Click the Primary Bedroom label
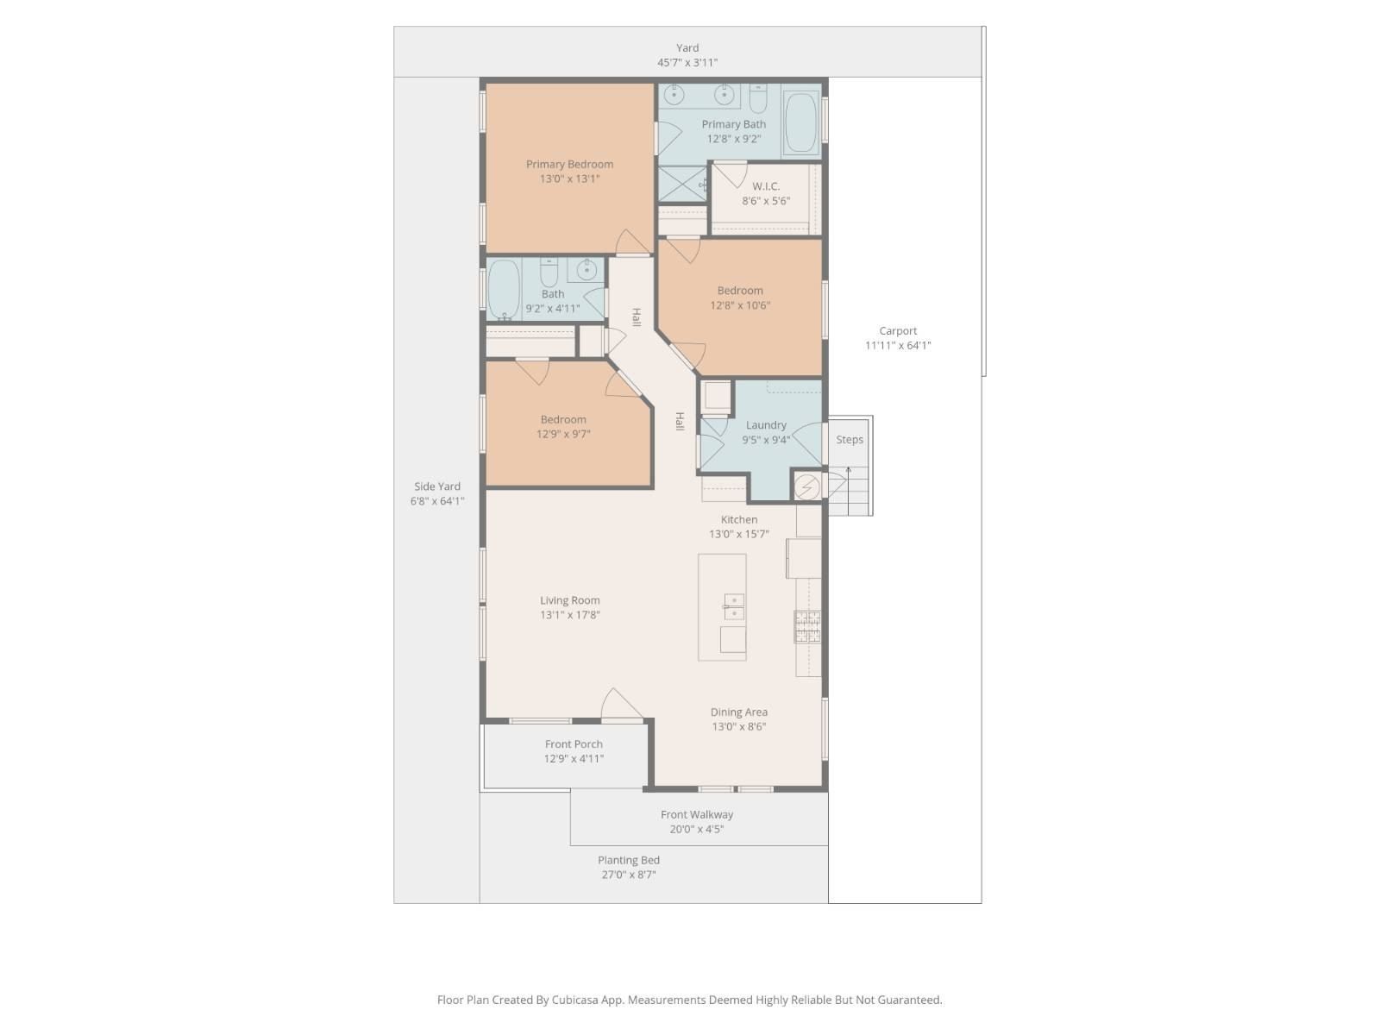pyautogui.click(x=569, y=164)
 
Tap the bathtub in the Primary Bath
pyautogui.click(x=801, y=123)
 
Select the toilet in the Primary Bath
pyautogui.click(x=757, y=98)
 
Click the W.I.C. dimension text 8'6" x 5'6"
pyautogui.click(x=765, y=201)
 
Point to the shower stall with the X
pyautogui.click(x=682, y=184)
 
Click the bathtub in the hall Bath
pyautogui.click(x=504, y=290)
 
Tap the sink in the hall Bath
pyautogui.click(x=586, y=270)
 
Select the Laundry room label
pyautogui.click(x=765, y=425)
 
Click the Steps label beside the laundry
pyautogui.click(x=849, y=439)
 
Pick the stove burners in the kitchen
pyautogui.click(x=807, y=626)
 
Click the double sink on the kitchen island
pyautogui.click(x=734, y=606)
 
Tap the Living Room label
pyautogui.click(x=569, y=600)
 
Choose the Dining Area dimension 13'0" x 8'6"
pyautogui.click(x=738, y=726)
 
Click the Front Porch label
pyautogui.click(x=574, y=744)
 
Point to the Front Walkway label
pyautogui.click(x=697, y=814)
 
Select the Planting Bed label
pyautogui.click(x=629, y=860)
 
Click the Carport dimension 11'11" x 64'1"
pyautogui.click(x=898, y=345)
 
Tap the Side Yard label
pyautogui.click(x=437, y=486)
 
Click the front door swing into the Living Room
pyautogui.click(x=622, y=703)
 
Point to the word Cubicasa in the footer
pyautogui.click(x=574, y=1000)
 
